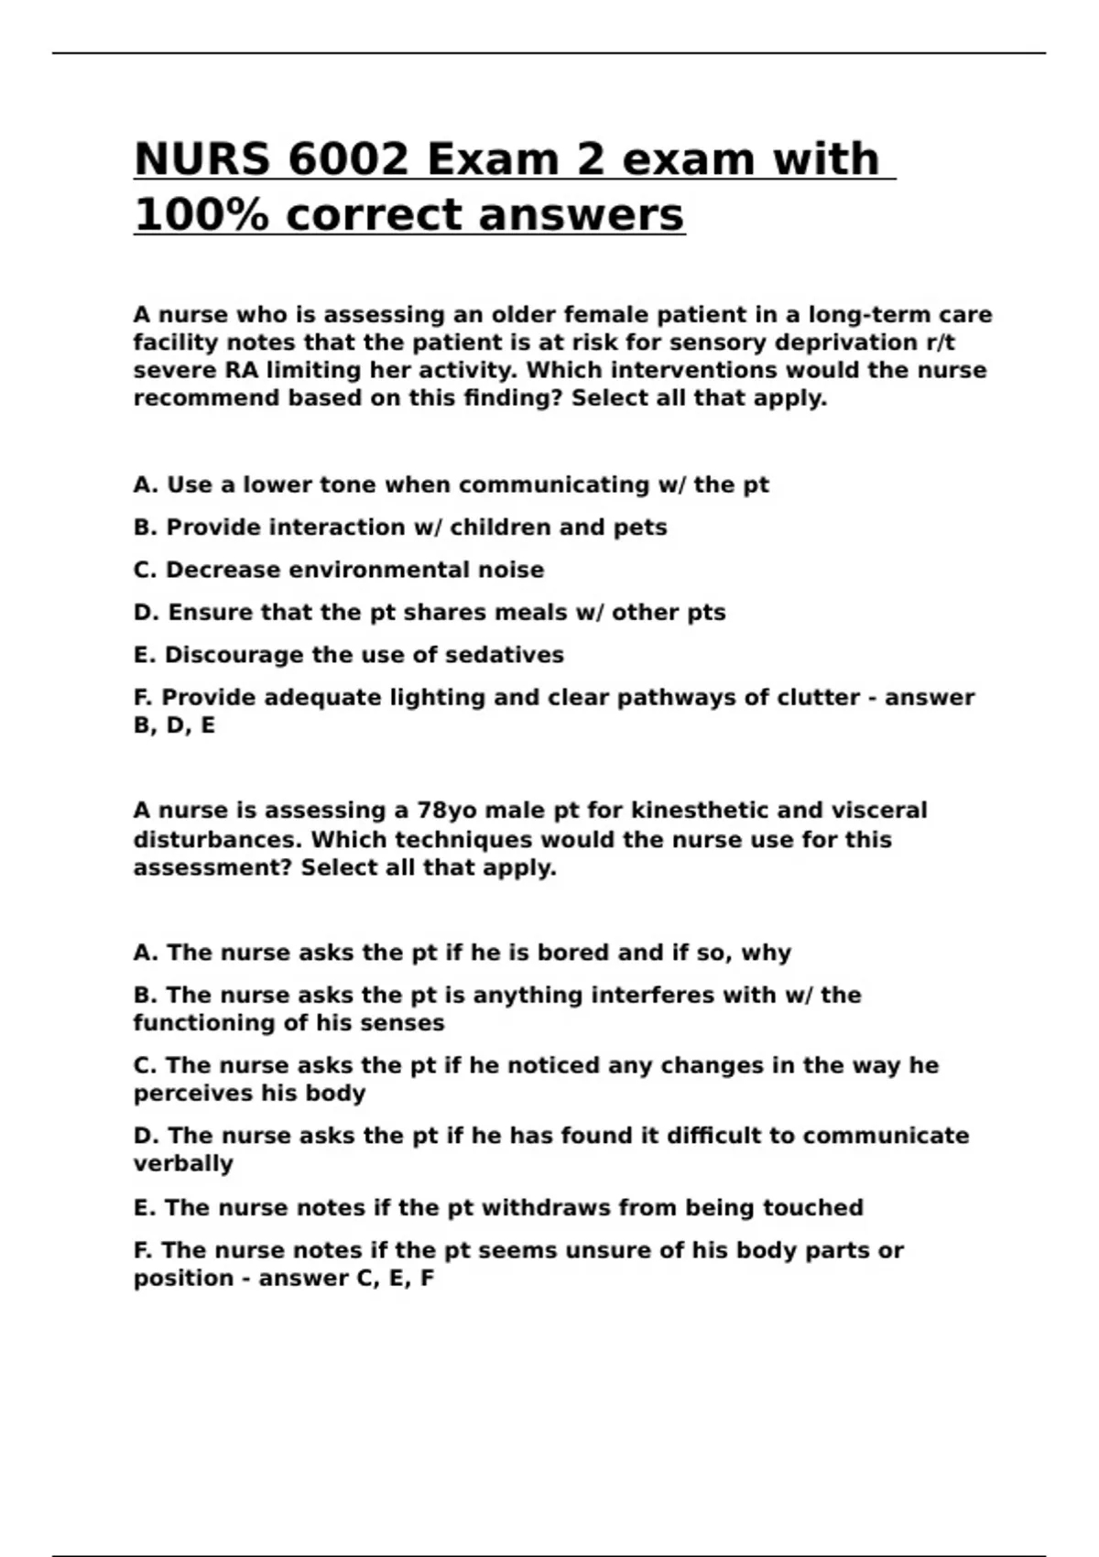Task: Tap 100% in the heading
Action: (x=201, y=215)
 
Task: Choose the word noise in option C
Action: (x=510, y=570)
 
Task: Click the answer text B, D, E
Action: (x=174, y=725)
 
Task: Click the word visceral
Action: (x=878, y=811)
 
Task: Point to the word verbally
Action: (x=183, y=1163)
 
